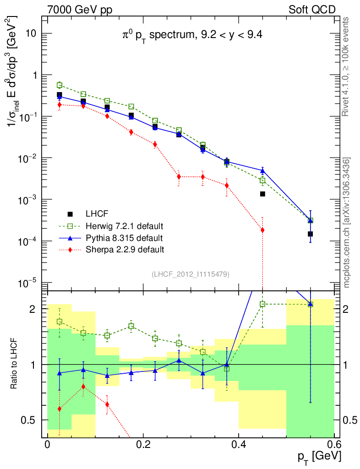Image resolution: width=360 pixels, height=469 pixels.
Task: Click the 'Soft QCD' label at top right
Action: click(x=312, y=9)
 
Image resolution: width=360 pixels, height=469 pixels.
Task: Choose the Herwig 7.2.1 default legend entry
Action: click(x=124, y=226)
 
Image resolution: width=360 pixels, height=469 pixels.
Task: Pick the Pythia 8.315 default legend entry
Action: click(x=124, y=238)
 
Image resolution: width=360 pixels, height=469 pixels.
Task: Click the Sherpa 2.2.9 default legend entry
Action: click(x=125, y=250)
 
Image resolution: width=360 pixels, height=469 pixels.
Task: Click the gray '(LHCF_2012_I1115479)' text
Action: click(x=190, y=274)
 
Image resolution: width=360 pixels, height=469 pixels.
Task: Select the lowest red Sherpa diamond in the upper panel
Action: click(x=262, y=230)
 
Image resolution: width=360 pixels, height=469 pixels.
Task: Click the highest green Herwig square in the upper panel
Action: click(x=60, y=85)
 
